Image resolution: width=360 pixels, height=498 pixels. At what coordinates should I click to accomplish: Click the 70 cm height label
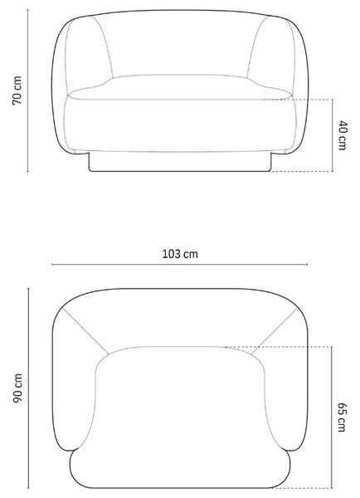coord(17,90)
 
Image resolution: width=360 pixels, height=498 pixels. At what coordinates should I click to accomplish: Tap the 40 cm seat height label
coord(343,135)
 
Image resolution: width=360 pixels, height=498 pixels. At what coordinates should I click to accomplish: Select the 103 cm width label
coord(180,254)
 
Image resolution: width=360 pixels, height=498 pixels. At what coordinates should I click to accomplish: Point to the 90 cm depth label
coord(17,388)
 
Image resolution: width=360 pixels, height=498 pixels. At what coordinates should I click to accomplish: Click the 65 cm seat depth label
coord(342,417)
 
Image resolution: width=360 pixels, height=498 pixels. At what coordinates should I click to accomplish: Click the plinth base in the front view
coord(180,162)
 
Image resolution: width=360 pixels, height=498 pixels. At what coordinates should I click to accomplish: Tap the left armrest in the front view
coord(85,54)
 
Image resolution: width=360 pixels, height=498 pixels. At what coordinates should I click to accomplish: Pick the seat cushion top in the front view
coord(180,87)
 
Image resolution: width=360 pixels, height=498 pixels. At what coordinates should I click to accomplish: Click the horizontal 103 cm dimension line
coord(180,264)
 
